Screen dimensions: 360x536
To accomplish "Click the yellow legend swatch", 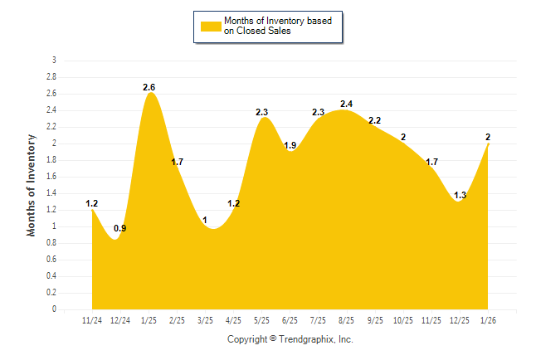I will click(x=209, y=26).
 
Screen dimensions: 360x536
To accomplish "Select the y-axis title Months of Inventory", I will click(x=32, y=185).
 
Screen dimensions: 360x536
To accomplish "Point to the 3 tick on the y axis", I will click(x=54, y=61).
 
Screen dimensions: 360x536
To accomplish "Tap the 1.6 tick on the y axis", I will click(x=51, y=177).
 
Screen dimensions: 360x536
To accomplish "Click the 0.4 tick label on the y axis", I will click(x=51, y=276).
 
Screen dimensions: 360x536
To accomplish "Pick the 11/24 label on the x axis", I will click(x=92, y=319).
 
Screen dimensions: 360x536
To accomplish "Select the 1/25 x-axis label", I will click(x=149, y=319).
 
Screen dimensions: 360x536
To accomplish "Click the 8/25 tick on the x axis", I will click(x=346, y=319).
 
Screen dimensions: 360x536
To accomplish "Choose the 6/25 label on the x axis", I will click(x=290, y=319).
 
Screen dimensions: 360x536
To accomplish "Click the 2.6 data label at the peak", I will click(x=149, y=87).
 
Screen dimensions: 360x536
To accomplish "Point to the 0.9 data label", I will click(x=120, y=228).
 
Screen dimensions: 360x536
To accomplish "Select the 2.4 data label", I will click(x=347, y=104).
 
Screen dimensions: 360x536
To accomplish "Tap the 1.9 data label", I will click(x=290, y=145).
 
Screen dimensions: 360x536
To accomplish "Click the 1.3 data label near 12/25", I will click(x=460, y=195).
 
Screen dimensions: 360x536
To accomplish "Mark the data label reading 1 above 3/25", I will click(x=205, y=220).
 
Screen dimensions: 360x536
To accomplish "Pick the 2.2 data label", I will click(x=375, y=120).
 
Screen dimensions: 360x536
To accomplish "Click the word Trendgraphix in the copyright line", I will click(x=307, y=339).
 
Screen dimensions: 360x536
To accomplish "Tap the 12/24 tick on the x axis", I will click(x=120, y=319).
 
